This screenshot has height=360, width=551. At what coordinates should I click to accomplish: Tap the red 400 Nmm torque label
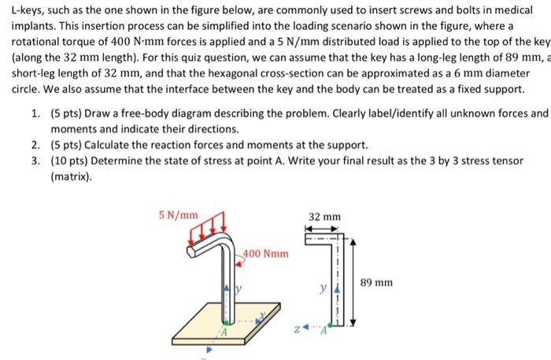265,254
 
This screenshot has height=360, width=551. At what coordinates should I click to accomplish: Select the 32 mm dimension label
324,216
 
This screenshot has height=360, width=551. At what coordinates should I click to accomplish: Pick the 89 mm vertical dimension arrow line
353,280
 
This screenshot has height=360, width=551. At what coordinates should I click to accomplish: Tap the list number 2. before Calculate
37,145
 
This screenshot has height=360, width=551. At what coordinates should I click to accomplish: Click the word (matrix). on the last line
72,177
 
